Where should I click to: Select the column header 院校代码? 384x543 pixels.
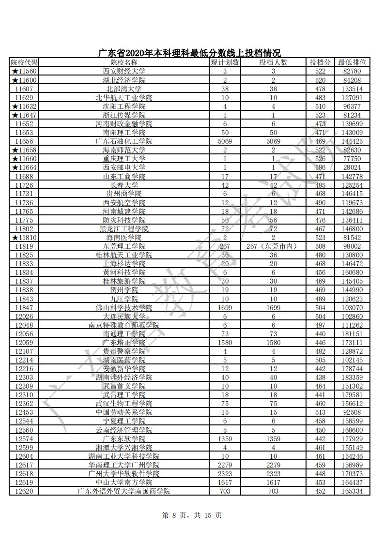pyautogui.click(x=24, y=62)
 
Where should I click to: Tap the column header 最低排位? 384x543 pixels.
pyautogui.click(x=352, y=62)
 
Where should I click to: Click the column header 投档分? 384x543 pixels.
pyautogui.click(x=320, y=62)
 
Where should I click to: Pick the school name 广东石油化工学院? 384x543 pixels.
pyautogui.click(x=124, y=141)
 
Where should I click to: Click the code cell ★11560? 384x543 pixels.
pyautogui.click(x=24, y=72)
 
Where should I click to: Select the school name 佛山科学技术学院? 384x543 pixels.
pyautogui.click(x=124, y=307)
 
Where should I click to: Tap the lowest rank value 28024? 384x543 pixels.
pyautogui.click(x=352, y=167)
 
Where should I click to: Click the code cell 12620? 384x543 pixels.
pyautogui.click(x=24, y=491)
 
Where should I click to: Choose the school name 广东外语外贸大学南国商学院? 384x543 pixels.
pyautogui.click(x=124, y=491)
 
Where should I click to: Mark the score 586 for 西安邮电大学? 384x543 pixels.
pyautogui.click(x=320, y=167)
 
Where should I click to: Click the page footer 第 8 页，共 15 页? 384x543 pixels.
pyautogui.click(x=191, y=515)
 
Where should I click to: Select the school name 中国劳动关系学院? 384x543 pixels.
pyautogui.click(x=124, y=412)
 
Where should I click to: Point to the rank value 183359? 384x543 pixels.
pyautogui.click(x=352, y=377)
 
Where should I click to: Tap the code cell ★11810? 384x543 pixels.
pyautogui.click(x=24, y=238)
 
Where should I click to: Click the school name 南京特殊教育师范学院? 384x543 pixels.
pyautogui.click(x=124, y=325)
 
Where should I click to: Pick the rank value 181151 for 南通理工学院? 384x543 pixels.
pyautogui.click(x=352, y=334)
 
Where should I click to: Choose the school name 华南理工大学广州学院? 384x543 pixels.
pyautogui.click(x=124, y=465)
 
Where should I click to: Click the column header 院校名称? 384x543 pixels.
pyautogui.click(x=124, y=62)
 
